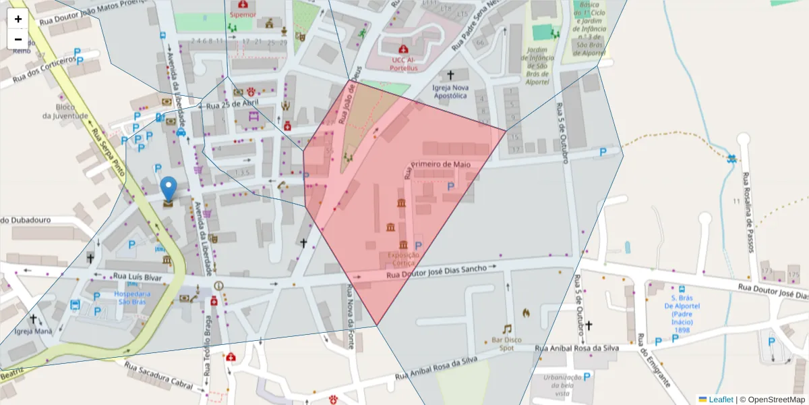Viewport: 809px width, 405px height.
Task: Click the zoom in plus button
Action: [18, 19]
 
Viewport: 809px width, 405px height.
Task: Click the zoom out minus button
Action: [18, 39]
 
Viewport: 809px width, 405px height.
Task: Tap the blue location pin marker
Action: [169, 188]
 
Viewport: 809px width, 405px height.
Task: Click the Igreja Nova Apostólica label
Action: [450, 91]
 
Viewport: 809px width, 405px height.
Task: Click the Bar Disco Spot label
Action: [507, 344]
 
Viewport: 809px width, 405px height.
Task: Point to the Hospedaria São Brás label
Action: [131, 298]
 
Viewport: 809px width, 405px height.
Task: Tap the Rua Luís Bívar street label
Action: [138, 276]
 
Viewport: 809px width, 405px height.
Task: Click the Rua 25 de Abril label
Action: [232, 105]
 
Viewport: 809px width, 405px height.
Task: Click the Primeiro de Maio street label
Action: [440, 164]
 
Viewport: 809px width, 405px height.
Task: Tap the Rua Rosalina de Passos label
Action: [747, 213]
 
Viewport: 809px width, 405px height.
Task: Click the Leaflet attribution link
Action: [720, 400]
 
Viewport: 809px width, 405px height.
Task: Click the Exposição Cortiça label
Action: [403, 259]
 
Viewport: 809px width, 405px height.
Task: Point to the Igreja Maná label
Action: [33, 331]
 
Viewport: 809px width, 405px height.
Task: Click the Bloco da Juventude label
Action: [65, 111]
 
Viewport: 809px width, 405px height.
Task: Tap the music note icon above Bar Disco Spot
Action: [507, 329]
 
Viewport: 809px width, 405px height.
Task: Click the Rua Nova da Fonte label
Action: [350, 315]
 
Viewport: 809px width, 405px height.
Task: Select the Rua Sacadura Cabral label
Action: [159, 375]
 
